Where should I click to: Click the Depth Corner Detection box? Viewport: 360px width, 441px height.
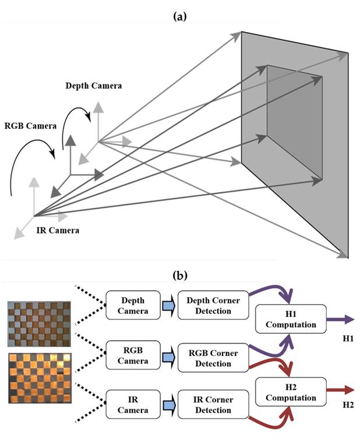pyautogui.click(x=210, y=306)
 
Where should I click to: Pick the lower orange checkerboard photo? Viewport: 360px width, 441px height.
pyautogui.click(x=39, y=377)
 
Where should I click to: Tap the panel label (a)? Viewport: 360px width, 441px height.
pyautogui.click(x=180, y=17)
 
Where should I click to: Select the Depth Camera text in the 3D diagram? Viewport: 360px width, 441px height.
pyautogui.click(x=94, y=86)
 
